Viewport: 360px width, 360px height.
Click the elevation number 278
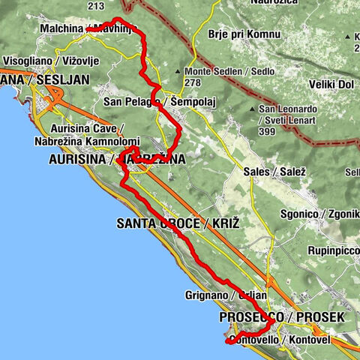point(193,82)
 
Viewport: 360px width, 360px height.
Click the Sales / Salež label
point(268,172)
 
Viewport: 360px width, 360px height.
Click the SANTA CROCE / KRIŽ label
point(178,223)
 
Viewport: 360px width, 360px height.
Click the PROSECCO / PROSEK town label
point(281,318)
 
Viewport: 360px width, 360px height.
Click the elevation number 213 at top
point(96,6)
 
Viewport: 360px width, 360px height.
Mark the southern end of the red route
point(226,342)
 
